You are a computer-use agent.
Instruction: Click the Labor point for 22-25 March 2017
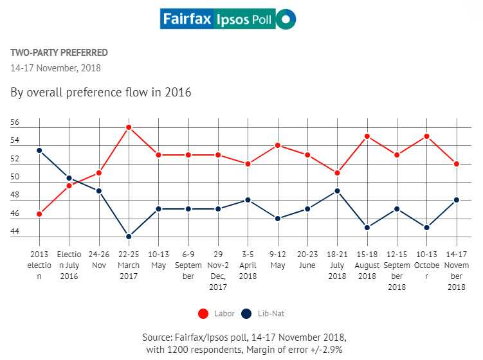[129, 127]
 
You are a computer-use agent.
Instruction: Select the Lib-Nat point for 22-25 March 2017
[129, 237]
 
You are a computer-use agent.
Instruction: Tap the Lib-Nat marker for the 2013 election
[39, 150]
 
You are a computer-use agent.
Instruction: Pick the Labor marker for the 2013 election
[39, 213]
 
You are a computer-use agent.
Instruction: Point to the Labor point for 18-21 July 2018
[336, 173]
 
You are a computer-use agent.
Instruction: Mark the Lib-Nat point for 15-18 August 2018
[367, 228]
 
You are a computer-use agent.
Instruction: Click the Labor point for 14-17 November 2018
[456, 164]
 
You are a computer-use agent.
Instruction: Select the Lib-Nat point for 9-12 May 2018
[277, 219]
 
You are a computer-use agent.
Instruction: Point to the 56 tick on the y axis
[15, 123]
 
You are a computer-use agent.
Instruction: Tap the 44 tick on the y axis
[15, 231]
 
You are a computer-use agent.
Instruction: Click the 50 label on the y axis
[15, 177]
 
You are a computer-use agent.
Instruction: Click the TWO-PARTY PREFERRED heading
[59, 53]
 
